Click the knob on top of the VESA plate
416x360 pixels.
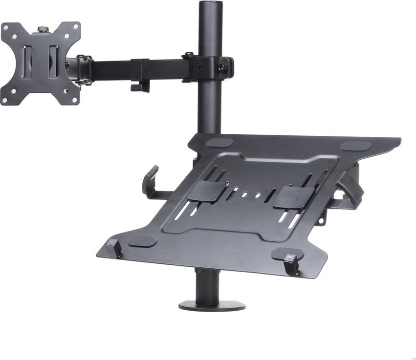[43, 30]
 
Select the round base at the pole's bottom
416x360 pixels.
[212, 306]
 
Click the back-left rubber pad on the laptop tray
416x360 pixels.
[219, 143]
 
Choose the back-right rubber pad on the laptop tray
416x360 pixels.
[355, 146]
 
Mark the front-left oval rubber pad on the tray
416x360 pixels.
[142, 241]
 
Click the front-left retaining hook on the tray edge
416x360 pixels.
[114, 248]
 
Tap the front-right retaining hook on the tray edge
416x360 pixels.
[291, 264]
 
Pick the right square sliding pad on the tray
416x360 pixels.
[293, 197]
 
